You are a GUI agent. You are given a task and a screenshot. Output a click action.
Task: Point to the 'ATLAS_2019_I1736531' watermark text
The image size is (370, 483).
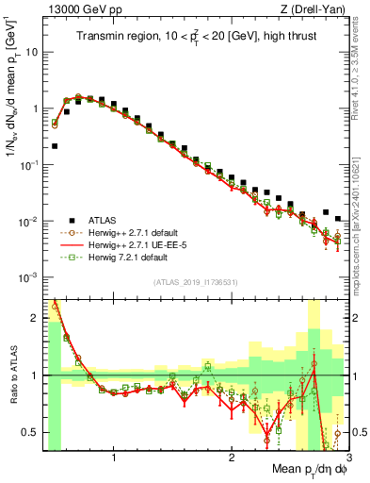click(195, 282)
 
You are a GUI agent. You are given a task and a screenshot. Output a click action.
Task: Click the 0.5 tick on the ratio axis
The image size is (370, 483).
click(32, 433)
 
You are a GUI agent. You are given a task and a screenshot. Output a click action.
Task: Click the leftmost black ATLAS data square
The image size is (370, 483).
click(55, 146)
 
